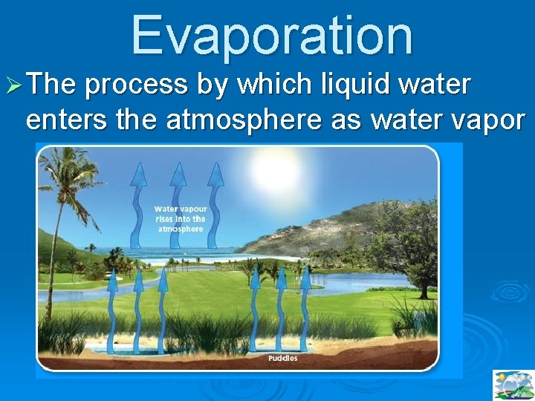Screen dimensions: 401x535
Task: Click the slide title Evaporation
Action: click(x=272, y=35)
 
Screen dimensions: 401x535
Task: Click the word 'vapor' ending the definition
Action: click(x=487, y=120)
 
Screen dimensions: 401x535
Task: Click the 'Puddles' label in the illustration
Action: click(x=282, y=358)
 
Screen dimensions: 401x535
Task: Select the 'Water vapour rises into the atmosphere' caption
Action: click(x=180, y=219)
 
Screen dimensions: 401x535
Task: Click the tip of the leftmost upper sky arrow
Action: click(x=138, y=167)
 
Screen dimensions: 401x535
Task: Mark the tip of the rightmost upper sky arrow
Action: click(x=215, y=167)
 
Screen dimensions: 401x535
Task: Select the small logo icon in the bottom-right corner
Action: click(x=513, y=385)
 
